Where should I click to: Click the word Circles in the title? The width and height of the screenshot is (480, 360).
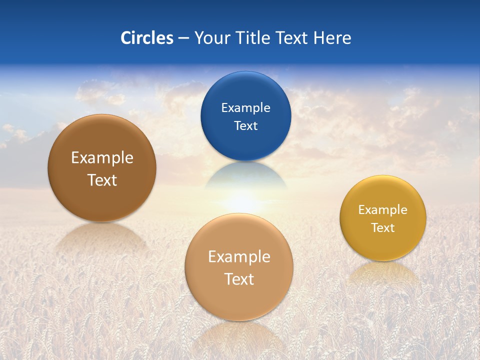point(146,38)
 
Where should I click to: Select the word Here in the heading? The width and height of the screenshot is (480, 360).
point(332,38)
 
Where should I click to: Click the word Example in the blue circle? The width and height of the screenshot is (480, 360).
point(245,107)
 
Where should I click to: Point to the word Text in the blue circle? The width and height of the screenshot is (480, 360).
point(245,125)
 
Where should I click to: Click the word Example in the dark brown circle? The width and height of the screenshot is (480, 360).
point(102,158)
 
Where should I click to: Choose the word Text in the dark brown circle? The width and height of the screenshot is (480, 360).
point(102,180)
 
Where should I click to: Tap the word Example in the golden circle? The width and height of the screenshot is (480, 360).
point(383,210)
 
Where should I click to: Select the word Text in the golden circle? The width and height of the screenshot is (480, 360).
point(383,228)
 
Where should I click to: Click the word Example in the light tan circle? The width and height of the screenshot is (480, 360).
point(239,257)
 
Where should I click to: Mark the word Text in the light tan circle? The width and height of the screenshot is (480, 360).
point(239,279)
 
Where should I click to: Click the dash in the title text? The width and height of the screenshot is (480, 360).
point(183,38)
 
